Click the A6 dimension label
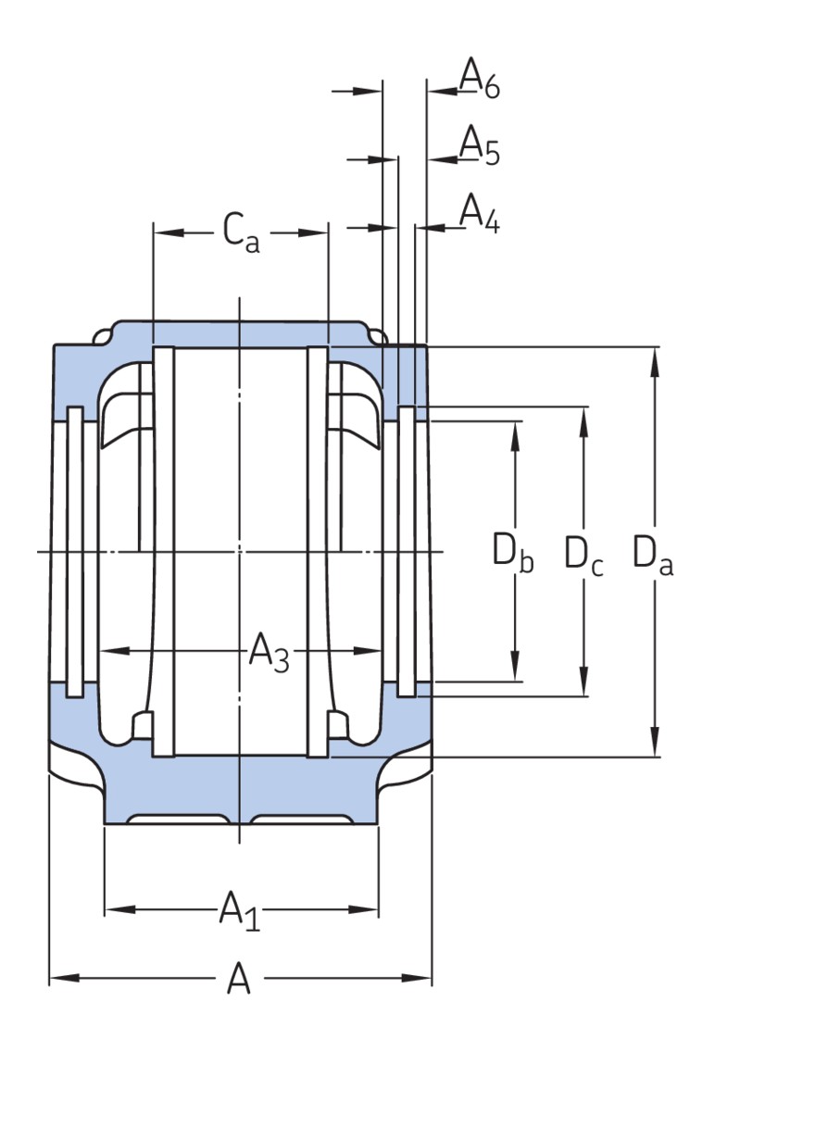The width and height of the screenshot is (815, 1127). click(x=480, y=78)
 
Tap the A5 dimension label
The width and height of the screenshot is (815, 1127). click(x=480, y=146)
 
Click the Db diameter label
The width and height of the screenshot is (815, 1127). click(x=512, y=554)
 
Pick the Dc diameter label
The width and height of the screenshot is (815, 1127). click(x=583, y=556)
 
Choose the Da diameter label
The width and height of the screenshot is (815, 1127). click(x=653, y=554)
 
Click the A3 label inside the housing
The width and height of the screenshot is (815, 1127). click(x=269, y=654)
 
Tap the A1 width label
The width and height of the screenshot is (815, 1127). click(x=239, y=910)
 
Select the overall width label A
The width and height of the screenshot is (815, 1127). click(x=239, y=978)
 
